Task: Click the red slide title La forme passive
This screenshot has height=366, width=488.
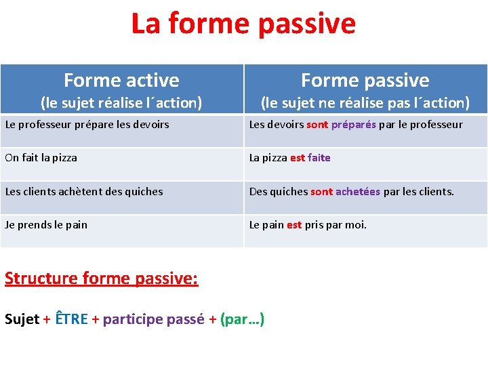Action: [x=243, y=23]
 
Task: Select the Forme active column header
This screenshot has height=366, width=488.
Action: [x=121, y=81]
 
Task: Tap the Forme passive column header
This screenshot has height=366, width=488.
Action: [x=365, y=81]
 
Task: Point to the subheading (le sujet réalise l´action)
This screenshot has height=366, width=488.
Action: [x=121, y=103]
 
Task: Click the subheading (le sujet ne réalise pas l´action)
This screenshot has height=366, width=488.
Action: [x=365, y=103]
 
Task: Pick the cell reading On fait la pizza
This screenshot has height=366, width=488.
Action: [x=41, y=158]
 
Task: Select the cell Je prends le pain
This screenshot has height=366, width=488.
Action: [x=46, y=224]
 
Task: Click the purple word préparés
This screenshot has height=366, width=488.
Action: [x=354, y=125]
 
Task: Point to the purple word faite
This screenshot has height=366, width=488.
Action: [x=319, y=158]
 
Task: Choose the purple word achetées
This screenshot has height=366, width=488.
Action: [x=358, y=192]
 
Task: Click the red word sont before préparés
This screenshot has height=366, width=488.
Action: [x=317, y=125]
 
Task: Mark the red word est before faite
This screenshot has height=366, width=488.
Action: [x=297, y=158]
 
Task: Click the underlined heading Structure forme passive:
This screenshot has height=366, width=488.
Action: [x=102, y=279]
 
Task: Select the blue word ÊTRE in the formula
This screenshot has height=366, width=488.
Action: [x=71, y=319]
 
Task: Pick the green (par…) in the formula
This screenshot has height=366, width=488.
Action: [x=242, y=319]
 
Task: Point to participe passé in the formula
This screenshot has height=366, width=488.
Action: [x=153, y=319]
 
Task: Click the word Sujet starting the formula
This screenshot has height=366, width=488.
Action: [x=22, y=319]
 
